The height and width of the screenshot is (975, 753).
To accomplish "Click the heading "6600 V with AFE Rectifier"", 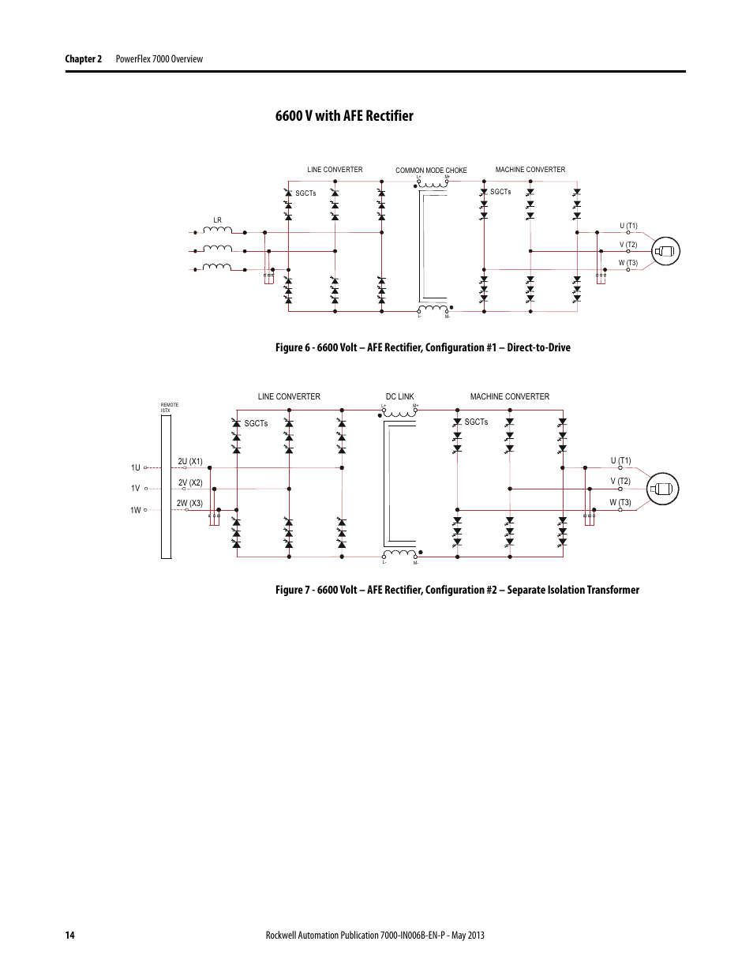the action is tap(344, 116).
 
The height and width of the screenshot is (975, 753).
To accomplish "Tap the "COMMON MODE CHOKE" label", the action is tap(431, 171).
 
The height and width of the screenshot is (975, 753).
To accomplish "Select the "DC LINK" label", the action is tap(399, 397).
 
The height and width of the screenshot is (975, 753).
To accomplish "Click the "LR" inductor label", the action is tap(218, 220).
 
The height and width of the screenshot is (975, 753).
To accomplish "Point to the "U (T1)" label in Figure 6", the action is tap(628, 226).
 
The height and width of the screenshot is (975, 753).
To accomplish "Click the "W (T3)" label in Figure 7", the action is tap(620, 502).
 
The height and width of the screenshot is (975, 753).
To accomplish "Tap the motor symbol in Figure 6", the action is tap(666, 252).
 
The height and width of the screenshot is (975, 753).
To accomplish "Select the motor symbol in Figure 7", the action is tap(662, 489).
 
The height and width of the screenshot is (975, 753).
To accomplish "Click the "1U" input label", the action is tap(136, 467).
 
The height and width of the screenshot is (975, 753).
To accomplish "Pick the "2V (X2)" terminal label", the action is tap(190, 482).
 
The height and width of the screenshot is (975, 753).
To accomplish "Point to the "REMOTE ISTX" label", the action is tap(169, 407).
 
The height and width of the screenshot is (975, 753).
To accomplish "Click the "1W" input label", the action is tap(136, 510).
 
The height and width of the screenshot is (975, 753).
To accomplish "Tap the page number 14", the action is tap(70, 936).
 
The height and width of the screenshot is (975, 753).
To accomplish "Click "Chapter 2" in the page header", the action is tap(83, 59).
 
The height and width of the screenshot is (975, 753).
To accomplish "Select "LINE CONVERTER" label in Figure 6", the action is tap(335, 170).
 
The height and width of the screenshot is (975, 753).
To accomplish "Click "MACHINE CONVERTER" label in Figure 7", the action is tap(509, 397).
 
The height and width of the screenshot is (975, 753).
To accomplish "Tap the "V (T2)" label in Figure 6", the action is tap(628, 245).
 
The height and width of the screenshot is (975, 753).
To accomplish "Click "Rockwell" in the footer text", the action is tap(284, 936).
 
